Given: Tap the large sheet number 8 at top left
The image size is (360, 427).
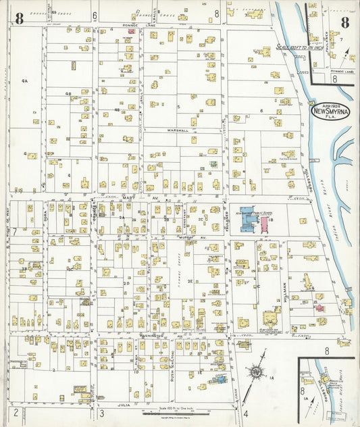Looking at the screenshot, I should click(x=19, y=18).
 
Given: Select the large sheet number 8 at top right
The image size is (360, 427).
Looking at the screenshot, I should click(x=344, y=22).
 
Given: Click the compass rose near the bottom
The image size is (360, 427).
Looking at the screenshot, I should click(x=256, y=372).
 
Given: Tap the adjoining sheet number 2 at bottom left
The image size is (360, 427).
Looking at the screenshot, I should click(x=15, y=412).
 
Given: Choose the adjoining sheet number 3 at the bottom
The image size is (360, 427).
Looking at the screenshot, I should click(x=101, y=413).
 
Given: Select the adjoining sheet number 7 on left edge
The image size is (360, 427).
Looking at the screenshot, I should click(x=14, y=231).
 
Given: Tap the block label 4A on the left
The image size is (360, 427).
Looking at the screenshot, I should click(x=24, y=81).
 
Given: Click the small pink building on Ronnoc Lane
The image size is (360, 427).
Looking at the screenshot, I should click(x=131, y=31).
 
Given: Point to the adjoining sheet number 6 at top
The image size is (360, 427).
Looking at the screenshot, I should click(x=95, y=14).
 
